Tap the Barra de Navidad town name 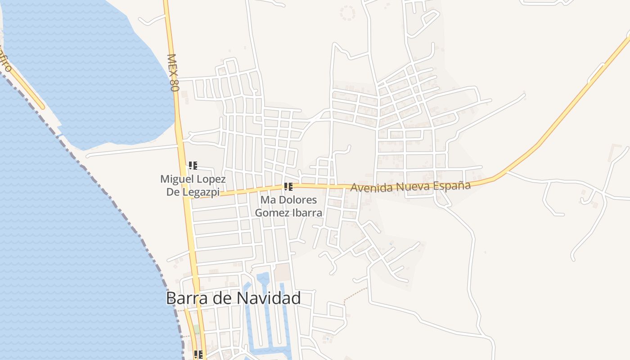233,298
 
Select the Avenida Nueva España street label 410,186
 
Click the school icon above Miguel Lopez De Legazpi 193,166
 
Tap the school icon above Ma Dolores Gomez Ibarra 288,187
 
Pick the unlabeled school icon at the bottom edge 198,355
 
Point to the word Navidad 269,298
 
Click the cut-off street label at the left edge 4,61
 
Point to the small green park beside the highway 197,329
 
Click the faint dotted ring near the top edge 347,13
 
